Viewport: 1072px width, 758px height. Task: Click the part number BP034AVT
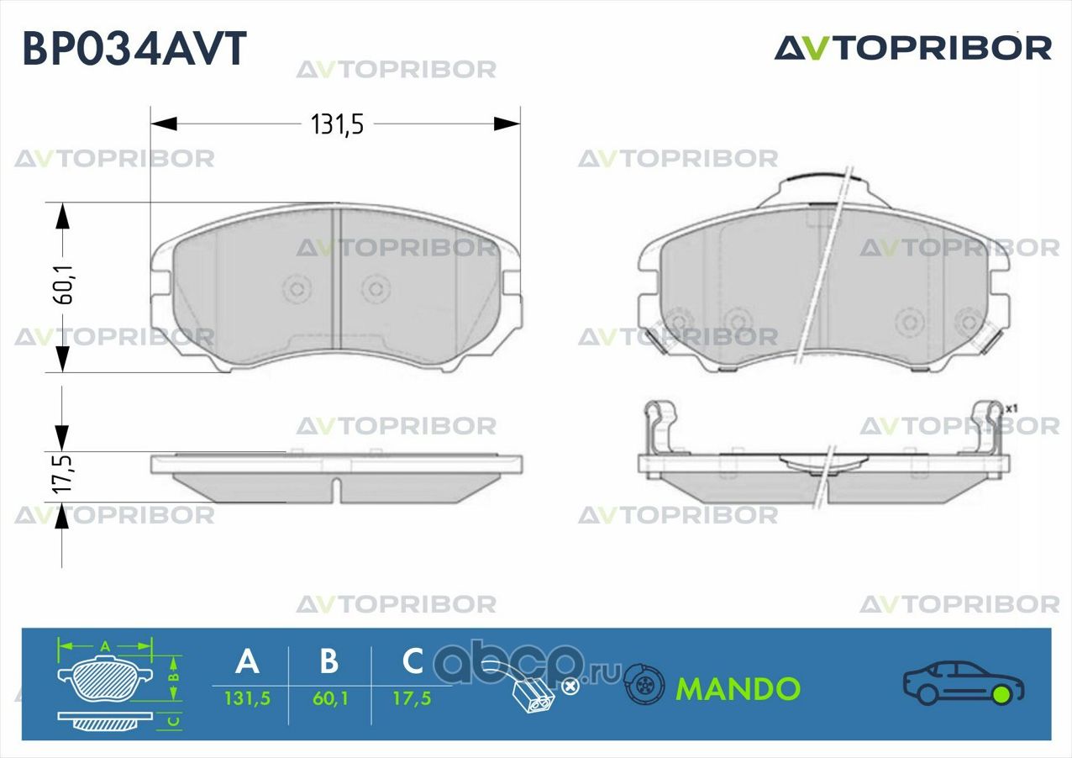coord(134,48)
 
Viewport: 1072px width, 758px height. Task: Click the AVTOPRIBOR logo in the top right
coord(912,48)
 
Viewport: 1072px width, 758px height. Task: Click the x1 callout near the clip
coord(1012,408)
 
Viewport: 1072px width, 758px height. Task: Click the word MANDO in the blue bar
coord(738,689)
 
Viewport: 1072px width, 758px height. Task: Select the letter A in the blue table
coord(247,661)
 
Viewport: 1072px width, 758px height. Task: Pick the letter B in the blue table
coord(329,661)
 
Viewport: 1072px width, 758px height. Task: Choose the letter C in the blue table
coord(413,661)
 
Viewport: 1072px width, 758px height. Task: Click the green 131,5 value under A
coord(247,698)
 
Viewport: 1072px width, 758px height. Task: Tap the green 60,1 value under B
coord(329,698)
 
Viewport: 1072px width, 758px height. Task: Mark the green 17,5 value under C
coord(413,698)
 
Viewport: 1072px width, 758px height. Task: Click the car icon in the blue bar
coord(963,682)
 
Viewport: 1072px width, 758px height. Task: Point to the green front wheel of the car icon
coord(1001,694)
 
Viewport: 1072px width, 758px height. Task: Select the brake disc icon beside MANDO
coord(644,686)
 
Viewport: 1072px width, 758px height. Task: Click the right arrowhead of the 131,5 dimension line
coord(507,124)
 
